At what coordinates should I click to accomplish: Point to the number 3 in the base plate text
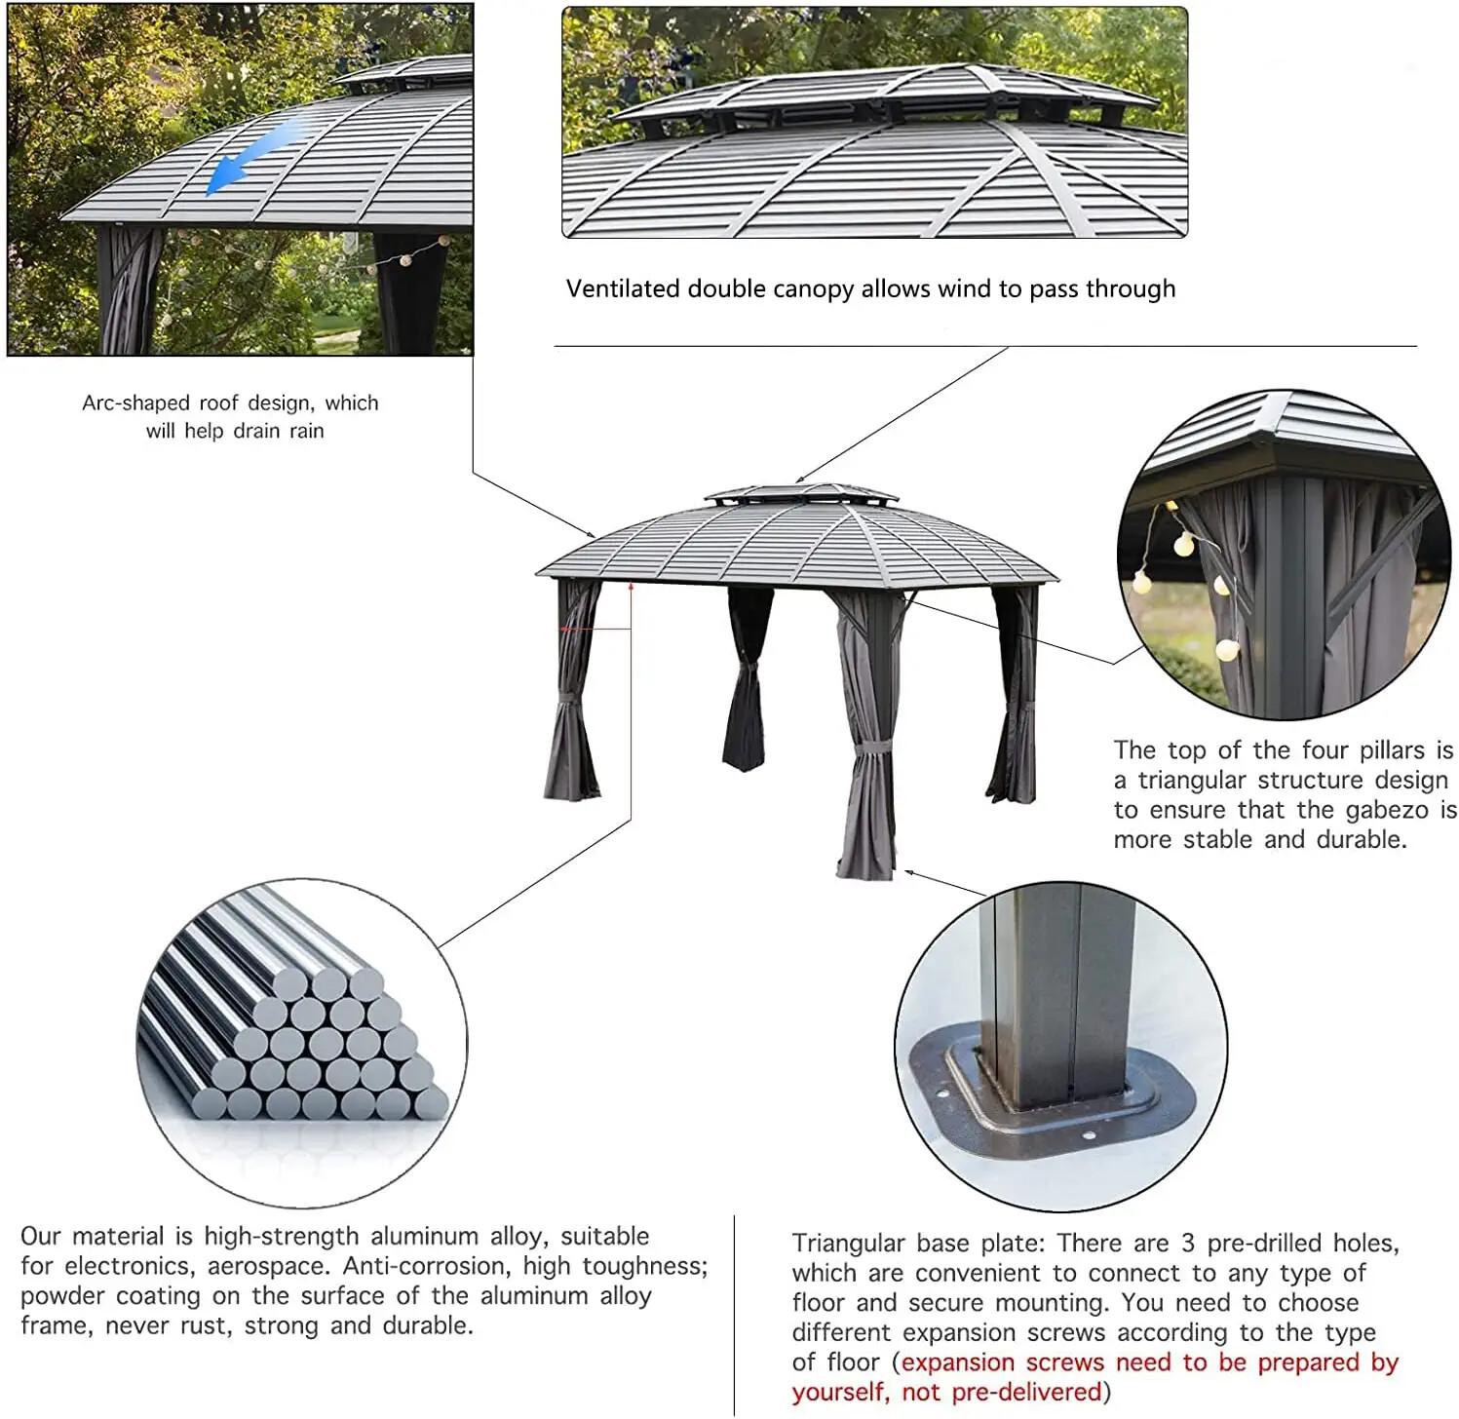tap(1188, 1244)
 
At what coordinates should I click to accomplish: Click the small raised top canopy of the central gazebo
tap(801, 493)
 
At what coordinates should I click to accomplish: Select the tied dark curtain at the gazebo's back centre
tap(748, 682)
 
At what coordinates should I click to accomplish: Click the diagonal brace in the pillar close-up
tap(1384, 556)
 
